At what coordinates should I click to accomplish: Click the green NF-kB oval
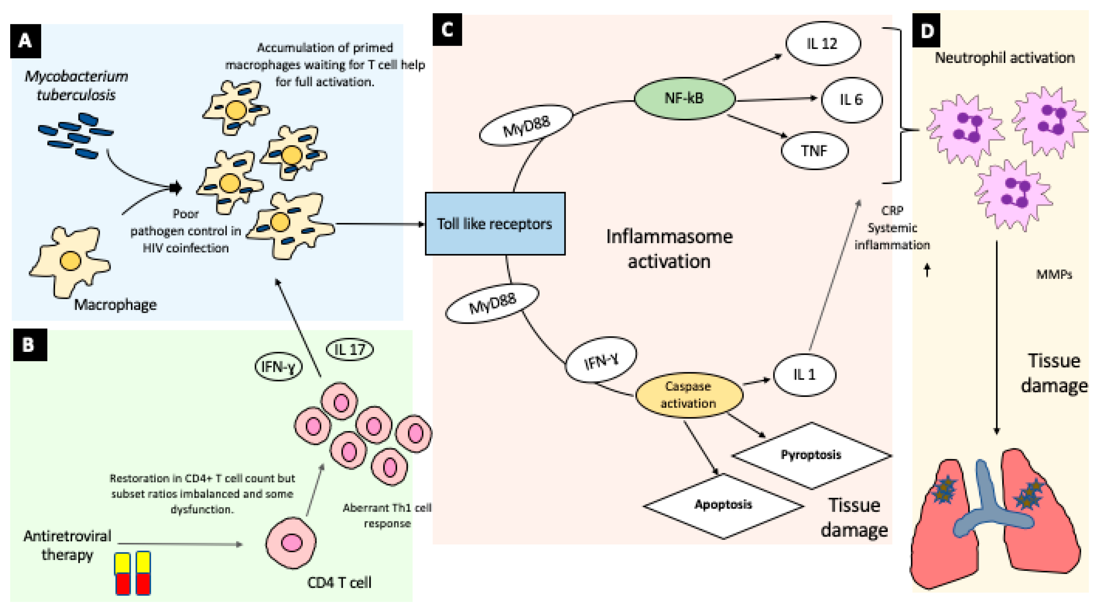(684, 98)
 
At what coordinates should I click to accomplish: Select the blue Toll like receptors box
(495, 224)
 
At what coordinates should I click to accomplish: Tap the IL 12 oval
(822, 44)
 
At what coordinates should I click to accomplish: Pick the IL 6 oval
(851, 99)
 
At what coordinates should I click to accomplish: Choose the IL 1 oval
(804, 375)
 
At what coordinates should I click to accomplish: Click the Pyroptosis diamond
(811, 455)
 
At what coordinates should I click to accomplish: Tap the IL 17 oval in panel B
(350, 350)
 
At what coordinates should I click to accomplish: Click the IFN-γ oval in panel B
(278, 366)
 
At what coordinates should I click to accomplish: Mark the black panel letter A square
(25, 41)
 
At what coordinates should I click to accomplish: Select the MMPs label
(1053, 274)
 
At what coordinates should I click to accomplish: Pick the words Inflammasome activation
(669, 249)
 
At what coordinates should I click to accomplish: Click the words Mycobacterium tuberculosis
(76, 85)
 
